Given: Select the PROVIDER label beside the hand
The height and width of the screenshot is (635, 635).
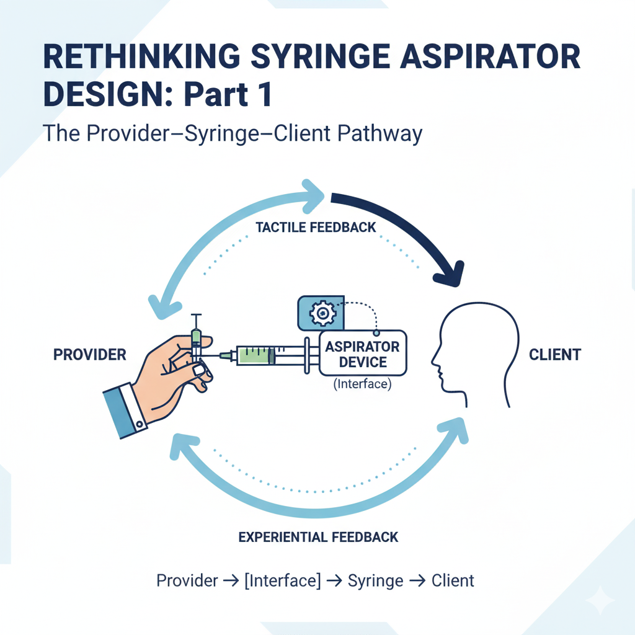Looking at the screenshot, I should tap(90, 355).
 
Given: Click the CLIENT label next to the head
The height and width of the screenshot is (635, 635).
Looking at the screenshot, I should tap(555, 355).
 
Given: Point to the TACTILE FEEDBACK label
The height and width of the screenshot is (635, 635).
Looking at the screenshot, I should tap(316, 228).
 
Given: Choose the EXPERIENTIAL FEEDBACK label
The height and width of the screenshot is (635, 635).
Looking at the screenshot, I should tap(319, 536).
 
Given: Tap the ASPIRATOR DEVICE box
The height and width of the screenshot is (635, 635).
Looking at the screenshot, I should tap(363, 353).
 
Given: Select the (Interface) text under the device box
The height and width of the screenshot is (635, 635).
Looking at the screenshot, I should tap(363, 384).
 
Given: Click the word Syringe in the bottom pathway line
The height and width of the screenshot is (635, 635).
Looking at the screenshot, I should tap(376, 581).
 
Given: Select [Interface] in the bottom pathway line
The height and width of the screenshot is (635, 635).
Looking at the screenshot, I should tap(283, 581).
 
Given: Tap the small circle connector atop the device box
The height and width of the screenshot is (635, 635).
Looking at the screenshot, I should tap(376, 333).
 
